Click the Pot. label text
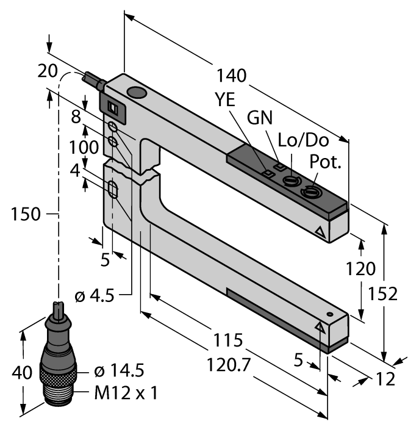(326, 162)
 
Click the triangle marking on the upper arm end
(320, 232)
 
